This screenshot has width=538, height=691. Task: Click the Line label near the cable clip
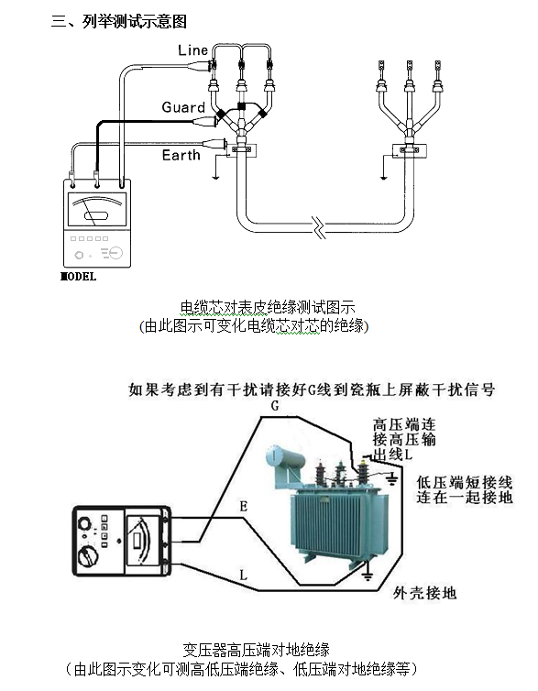192,49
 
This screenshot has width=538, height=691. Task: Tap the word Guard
183,107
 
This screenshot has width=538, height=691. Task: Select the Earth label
181,155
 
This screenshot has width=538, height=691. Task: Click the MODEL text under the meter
78,277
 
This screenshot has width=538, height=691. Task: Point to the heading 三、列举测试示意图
119,21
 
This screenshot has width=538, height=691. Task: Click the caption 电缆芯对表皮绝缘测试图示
268,308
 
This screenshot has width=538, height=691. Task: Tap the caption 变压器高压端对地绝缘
256,650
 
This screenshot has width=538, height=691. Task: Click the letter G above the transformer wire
275,406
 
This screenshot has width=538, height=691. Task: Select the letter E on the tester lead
243,507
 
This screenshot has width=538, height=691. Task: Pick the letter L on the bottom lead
243,576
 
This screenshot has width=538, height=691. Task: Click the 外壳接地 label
424,593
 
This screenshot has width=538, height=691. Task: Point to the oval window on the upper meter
95,216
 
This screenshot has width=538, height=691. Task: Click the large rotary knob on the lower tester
88,556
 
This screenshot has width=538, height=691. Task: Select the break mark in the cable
319,227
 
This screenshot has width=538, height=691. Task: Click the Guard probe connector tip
217,118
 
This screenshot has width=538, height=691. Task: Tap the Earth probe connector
214,143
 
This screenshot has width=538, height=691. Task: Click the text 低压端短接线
465,482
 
